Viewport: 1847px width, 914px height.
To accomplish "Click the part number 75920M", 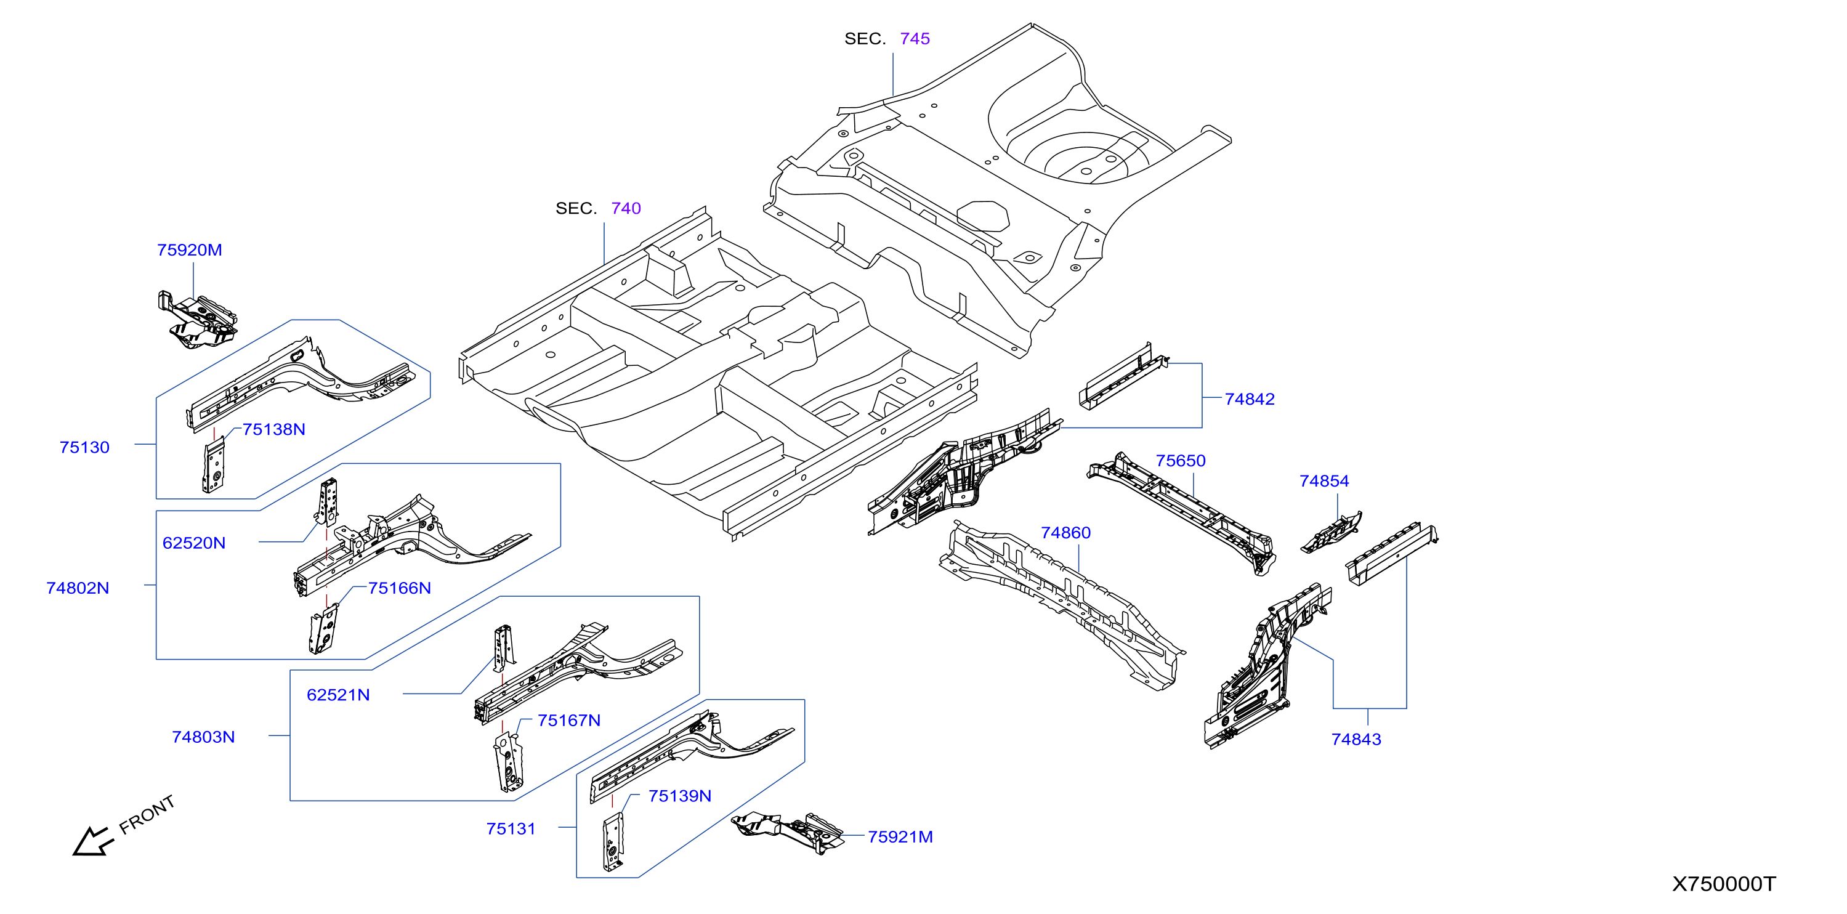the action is (x=189, y=250).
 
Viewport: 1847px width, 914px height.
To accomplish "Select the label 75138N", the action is (x=274, y=429).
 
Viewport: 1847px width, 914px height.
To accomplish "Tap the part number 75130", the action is (x=84, y=447).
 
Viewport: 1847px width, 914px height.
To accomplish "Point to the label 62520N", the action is (x=193, y=543).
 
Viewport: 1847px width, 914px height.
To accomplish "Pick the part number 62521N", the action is (x=337, y=695).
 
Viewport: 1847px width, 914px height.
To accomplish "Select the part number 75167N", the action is (x=568, y=721).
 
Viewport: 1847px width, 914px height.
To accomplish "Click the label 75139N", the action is (x=680, y=796).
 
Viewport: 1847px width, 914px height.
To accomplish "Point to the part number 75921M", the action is (x=900, y=836).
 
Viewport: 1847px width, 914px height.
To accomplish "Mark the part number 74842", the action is (x=1249, y=399).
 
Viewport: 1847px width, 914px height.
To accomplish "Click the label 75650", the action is (x=1180, y=461).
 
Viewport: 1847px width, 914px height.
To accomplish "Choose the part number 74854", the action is (x=1324, y=481).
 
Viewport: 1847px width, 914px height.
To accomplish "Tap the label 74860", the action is (x=1065, y=533).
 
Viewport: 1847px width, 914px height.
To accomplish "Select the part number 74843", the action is (x=1356, y=739).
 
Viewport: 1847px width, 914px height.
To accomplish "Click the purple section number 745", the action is (x=915, y=39).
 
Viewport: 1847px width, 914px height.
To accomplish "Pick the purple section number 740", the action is (x=626, y=209).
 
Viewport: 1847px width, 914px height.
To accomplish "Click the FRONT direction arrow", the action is (x=93, y=841).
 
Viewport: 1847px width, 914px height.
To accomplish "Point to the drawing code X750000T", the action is (x=1724, y=884).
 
